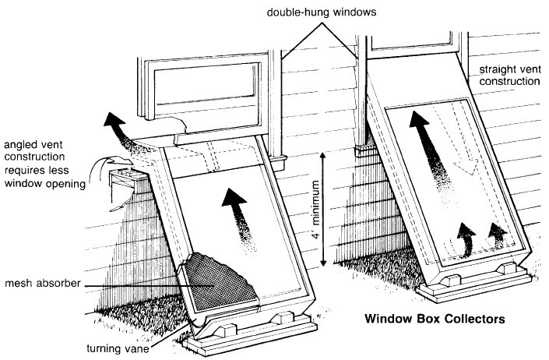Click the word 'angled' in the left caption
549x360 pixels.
[23, 144]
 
